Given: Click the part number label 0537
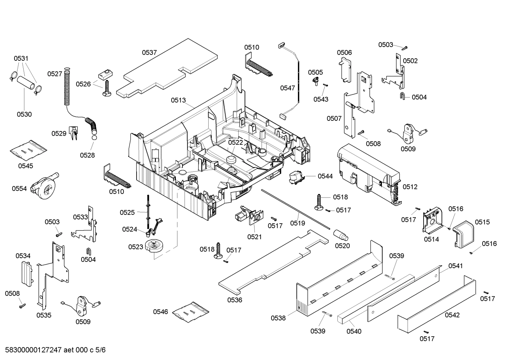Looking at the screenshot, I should tap(149, 53).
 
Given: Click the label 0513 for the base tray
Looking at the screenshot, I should tap(178, 100).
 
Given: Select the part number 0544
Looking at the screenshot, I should tap(325, 176).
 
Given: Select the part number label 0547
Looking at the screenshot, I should tap(288, 88).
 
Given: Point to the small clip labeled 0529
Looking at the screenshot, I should tap(74, 132).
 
